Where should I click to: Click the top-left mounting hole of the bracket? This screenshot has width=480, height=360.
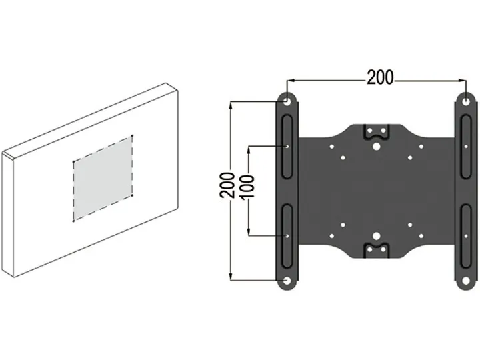tap(287, 101)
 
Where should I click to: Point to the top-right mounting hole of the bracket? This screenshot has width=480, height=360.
tap(464, 101)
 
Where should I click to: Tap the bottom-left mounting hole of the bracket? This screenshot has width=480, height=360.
tap(287, 281)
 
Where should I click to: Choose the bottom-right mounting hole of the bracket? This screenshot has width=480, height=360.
tap(464, 281)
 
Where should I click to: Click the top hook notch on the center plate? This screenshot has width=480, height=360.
tap(376, 130)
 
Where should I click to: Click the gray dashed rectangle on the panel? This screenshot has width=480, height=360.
tap(102, 178)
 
